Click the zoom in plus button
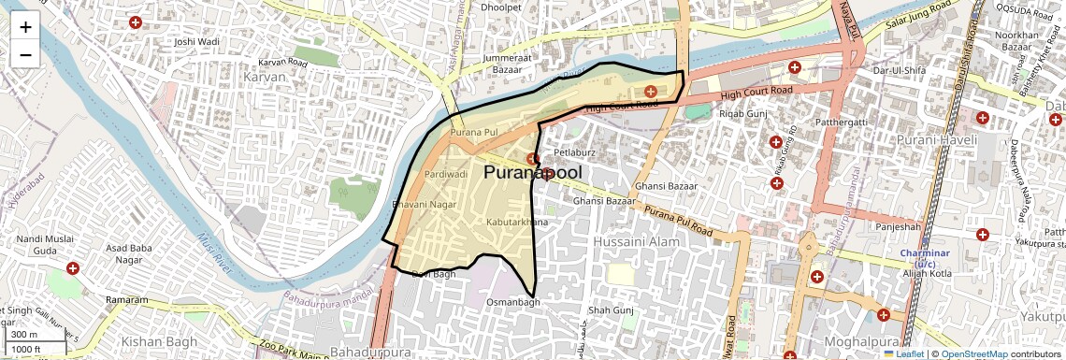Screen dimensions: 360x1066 [x=25, y=27]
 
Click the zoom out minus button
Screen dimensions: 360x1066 [x=25, y=54]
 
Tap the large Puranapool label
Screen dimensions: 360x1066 [x=532, y=173]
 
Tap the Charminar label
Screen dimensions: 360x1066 [x=925, y=253]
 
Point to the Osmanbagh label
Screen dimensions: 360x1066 [x=513, y=303]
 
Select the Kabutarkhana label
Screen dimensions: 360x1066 [x=515, y=222]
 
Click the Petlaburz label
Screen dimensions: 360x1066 [x=575, y=151]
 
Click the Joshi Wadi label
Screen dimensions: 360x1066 [x=197, y=42]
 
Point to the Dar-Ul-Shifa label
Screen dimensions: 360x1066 [x=898, y=70]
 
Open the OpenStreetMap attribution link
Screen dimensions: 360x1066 [x=974, y=354]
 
